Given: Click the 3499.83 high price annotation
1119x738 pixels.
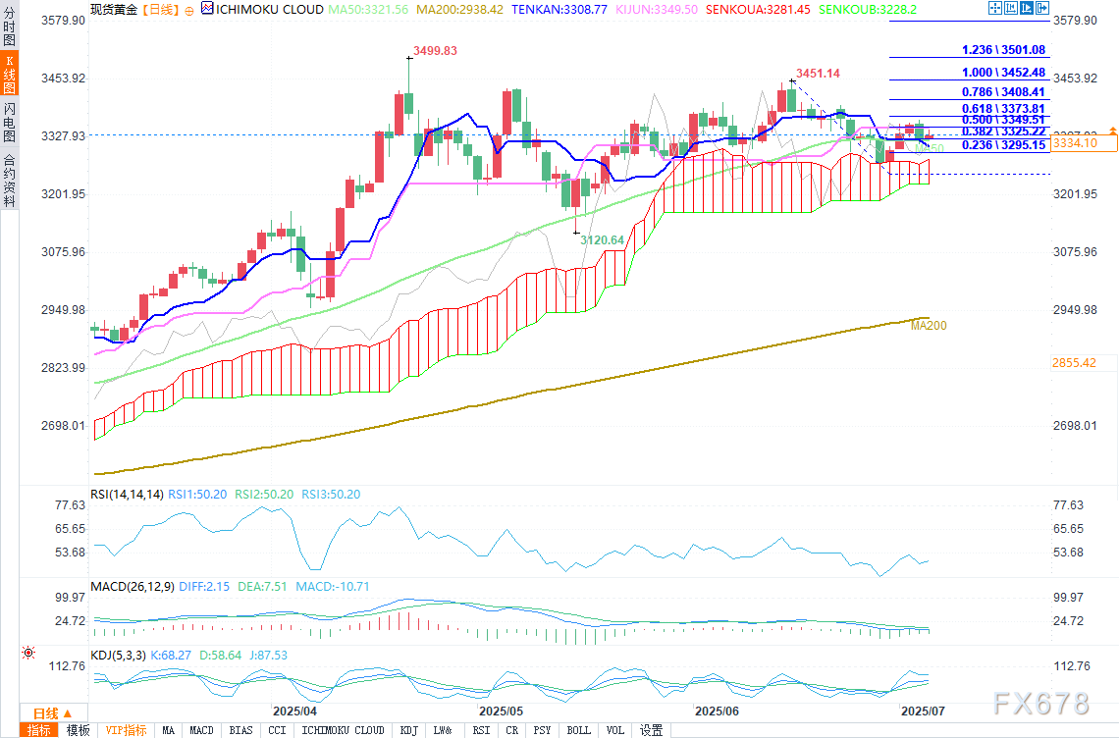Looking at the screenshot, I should pyautogui.click(x=436, y=51).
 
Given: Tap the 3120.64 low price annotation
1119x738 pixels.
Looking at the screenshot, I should pyautogui.click(x=603, y=240).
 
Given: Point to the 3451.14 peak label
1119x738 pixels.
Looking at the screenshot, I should pyautogui.click(x=818, y=74).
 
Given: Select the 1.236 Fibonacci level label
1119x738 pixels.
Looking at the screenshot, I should pyautogui.click(x=1003, y=50).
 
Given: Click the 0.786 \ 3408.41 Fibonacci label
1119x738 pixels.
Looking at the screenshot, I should pyautogui.click(x=1003, y=92).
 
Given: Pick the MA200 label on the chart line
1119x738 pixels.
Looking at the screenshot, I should pyautogui.click(x=929, y=326).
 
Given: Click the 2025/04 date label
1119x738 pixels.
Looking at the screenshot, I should pyautogui.click(x=294, y=710).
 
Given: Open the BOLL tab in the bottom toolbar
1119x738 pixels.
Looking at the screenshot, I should pyautogui.click(x=578, y=730).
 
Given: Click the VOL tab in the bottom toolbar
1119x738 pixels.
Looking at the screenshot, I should pyautogui.click(x=614, y=730).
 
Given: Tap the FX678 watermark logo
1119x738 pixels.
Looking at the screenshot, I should pyautogui.click(x=1040, y=704).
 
